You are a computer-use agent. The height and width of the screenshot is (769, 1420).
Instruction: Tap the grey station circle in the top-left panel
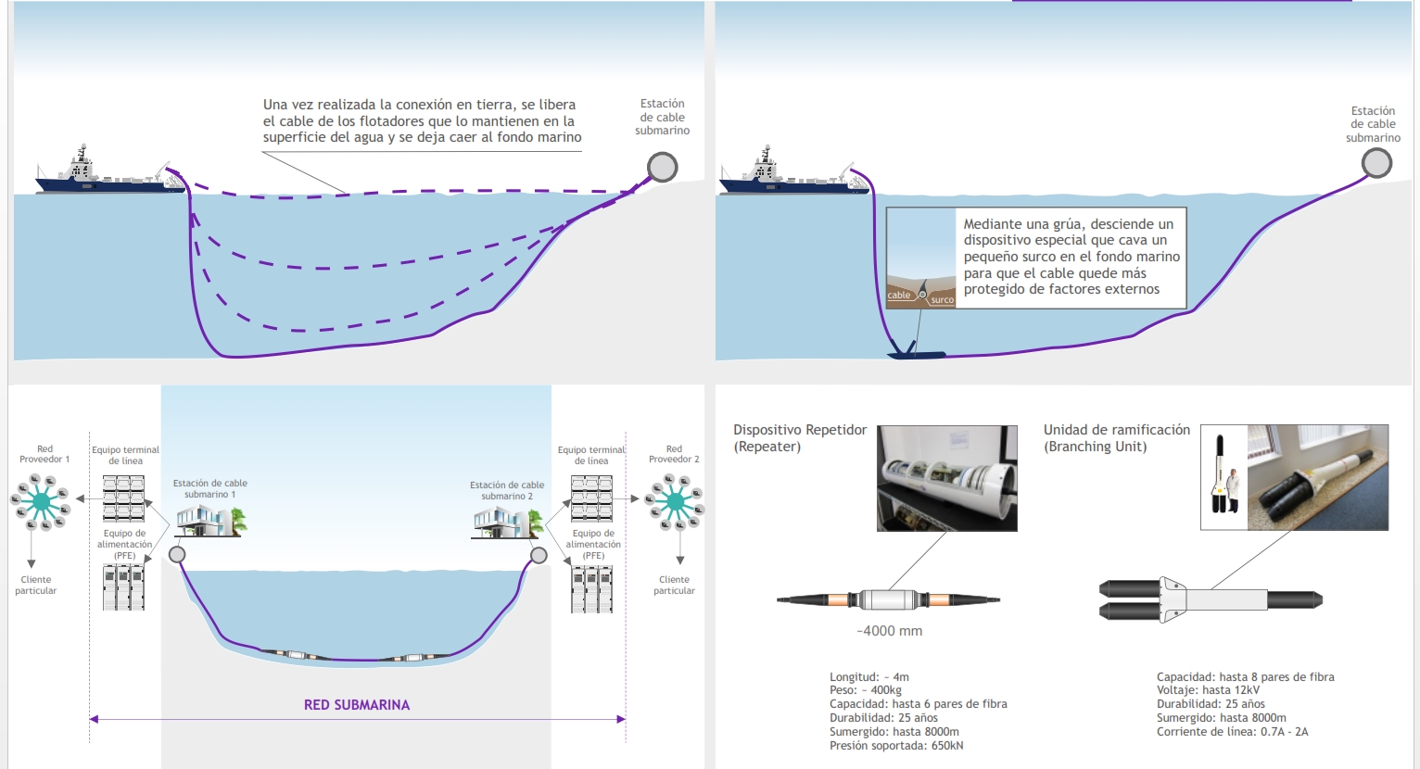coord(663,167)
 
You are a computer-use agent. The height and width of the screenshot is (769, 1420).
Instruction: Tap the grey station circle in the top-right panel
coord(1376,163)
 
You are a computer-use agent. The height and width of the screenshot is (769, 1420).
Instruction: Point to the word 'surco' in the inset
coord(942,299)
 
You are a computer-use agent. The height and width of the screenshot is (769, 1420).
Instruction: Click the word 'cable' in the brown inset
coord(898,296)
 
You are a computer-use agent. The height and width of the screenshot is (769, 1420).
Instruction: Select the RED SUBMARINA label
coord(357,705)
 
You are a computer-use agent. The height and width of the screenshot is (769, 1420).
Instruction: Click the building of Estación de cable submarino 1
coord(210,522)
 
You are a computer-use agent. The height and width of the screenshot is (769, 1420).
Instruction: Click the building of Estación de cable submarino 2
coord(507,523)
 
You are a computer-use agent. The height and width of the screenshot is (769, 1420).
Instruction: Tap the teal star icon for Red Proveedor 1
coord(42,502)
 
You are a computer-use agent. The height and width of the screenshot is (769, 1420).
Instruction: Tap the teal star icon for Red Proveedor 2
coord(675,502)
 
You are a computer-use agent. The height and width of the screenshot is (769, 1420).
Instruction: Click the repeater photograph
coord(947,478)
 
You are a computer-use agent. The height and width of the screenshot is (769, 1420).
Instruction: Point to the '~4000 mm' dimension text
coord(890,631)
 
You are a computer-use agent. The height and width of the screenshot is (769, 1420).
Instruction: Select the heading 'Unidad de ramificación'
coord(1117,430)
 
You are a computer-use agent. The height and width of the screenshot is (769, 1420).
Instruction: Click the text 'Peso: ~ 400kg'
coord(866,690)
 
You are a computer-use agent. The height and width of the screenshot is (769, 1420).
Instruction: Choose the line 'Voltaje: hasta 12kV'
coord(1208,690)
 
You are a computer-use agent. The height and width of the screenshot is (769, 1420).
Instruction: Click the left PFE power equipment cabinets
coord(123,587)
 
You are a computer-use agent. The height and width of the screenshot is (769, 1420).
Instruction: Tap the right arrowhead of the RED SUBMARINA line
coord(621,719)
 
